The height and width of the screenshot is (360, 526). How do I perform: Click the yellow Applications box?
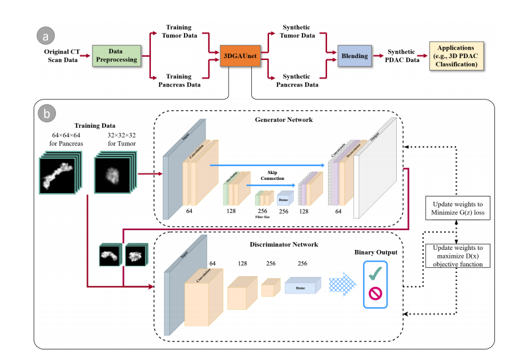click(x=459, y=54)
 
